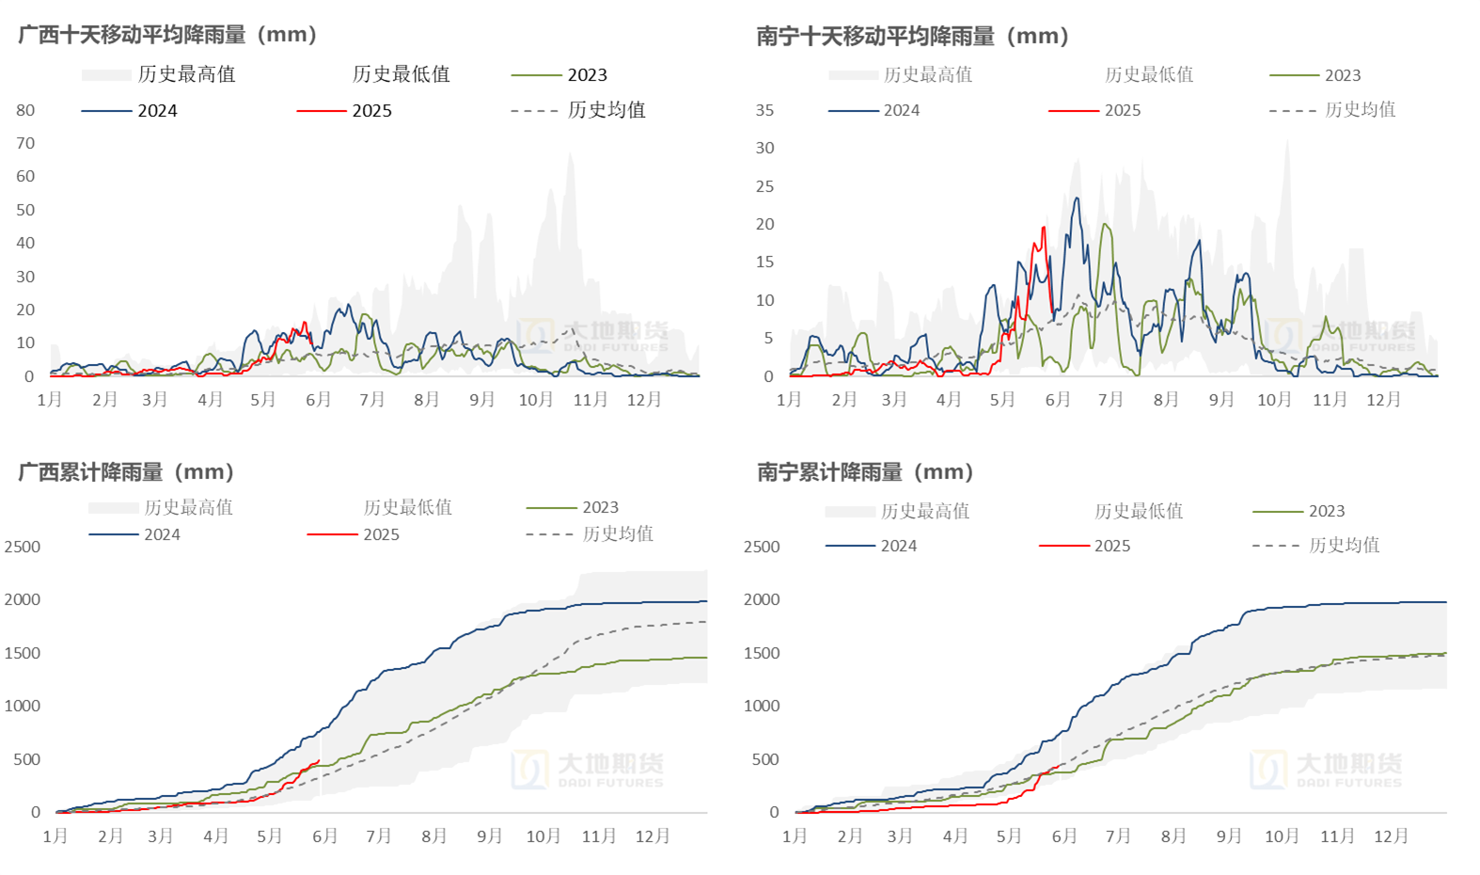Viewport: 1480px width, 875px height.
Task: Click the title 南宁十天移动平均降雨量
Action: point(913,37)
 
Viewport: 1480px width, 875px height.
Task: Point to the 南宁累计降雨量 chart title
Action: point(866,471)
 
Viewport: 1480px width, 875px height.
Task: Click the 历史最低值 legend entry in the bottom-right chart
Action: point(1138,511)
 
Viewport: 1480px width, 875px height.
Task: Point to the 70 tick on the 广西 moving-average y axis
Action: point(25,143)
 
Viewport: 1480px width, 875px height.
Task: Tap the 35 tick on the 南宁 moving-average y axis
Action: point(765,110)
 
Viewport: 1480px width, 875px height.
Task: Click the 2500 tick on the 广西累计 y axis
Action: point(23,547)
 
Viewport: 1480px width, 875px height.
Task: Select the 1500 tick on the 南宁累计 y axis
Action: point(762,653)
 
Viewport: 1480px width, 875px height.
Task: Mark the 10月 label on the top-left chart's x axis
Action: point(536,400)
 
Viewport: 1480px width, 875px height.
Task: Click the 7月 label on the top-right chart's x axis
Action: point(1111,400)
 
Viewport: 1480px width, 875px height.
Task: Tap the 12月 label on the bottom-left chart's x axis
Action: point(653,836)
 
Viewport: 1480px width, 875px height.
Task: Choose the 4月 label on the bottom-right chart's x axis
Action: point(955,836)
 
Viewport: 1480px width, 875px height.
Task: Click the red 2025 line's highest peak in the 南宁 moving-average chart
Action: point(1043,228)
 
